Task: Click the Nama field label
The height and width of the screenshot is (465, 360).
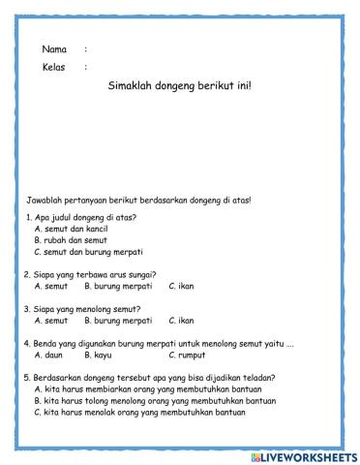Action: pos(53,48)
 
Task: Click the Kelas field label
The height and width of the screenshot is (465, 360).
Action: pos(53,67)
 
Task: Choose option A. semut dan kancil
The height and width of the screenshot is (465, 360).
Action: pos(71,229)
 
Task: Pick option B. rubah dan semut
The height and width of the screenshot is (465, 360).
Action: pos(71,240)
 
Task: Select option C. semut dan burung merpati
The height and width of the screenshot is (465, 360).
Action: pos(88,252)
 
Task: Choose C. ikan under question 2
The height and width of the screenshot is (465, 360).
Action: pos(181,286)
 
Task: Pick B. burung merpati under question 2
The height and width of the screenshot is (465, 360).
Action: pos(118,286)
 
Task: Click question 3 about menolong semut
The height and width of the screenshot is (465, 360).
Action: pos(82,308)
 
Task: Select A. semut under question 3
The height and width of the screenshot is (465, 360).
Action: pos(50,320)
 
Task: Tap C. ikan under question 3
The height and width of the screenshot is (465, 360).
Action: pos(181,320)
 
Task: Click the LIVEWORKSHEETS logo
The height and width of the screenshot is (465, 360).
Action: pos(303,455)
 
